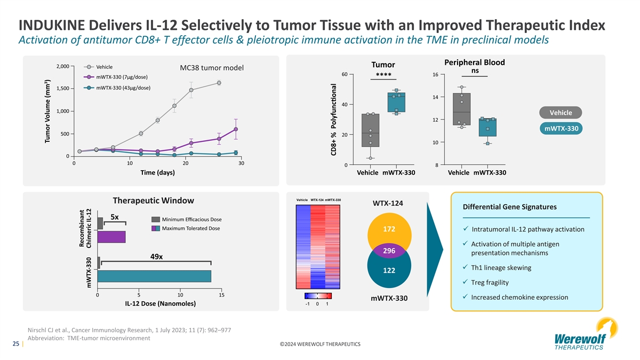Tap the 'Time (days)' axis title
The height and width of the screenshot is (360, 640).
(x=157, y=173)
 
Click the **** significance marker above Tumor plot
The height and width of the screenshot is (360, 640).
(x=384, y=75)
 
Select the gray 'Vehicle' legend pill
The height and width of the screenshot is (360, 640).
(x=560, y=113)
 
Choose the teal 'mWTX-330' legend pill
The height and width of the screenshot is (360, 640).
(x=560, y=129)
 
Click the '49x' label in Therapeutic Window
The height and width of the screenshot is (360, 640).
(x=157, y=257)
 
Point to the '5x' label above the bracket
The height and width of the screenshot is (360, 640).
(x=114, y=217)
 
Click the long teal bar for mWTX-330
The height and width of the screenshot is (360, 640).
(x=154, y=276)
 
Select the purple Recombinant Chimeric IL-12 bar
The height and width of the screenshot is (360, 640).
(x=111, y=237)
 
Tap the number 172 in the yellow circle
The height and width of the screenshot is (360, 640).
(x=389, y=229)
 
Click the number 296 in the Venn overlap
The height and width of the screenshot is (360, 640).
(x=389, y=251)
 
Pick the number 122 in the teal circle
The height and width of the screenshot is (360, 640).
(x=389, y=270)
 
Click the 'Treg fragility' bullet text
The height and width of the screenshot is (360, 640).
(x=490, y=282)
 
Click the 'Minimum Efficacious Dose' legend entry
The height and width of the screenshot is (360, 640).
(x=191, y=220)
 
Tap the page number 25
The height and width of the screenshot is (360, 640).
(x=16, y=344)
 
